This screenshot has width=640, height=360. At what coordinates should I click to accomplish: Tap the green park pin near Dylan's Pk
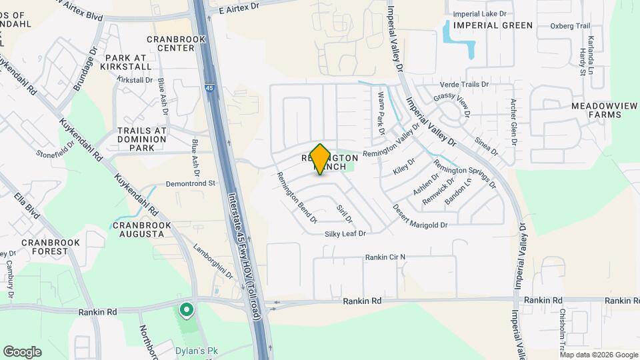click(186, 310)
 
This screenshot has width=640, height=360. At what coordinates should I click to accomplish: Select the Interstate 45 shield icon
click(209, 87)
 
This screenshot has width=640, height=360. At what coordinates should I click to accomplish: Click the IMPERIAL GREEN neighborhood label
click(493, 25)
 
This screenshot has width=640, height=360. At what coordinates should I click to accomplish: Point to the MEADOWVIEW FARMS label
click(596, 110)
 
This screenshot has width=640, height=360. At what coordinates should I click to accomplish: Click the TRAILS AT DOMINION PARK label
click(141, 135)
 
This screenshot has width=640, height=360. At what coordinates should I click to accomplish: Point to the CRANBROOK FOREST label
click(45, 247)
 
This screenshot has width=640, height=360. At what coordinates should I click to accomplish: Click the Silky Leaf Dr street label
click(345, 234)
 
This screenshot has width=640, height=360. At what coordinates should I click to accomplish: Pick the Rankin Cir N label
click(385, 257)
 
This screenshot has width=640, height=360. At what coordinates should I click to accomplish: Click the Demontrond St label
click(191, 183)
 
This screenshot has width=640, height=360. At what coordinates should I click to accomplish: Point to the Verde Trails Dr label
click(465, 85)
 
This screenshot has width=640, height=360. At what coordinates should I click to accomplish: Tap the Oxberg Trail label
click(571, 26)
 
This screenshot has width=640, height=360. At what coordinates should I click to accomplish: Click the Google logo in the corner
click(22, 352)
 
